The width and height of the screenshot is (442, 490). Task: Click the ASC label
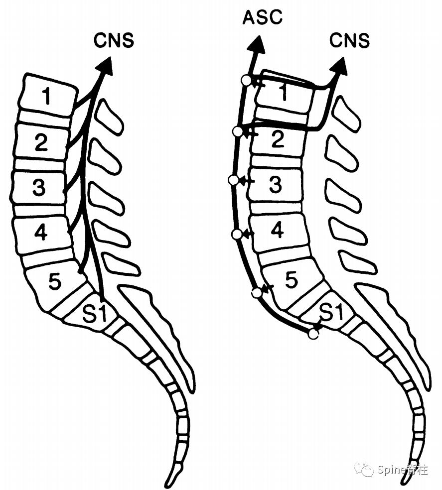262,18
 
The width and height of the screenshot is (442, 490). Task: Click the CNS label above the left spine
114,40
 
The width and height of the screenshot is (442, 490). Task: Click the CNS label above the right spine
350,40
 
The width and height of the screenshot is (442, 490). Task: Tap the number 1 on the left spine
47,96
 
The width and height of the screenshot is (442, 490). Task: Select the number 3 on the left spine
38,188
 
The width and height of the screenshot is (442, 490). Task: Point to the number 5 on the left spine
54,282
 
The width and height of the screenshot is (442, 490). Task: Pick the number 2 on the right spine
277,139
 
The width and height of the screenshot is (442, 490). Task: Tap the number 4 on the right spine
278,230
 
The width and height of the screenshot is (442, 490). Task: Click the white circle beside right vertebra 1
246,80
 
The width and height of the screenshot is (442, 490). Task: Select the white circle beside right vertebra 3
233,180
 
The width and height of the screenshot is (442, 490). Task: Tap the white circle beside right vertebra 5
257,293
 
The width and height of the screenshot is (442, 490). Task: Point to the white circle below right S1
313,334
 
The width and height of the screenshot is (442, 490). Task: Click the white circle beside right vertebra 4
237,234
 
